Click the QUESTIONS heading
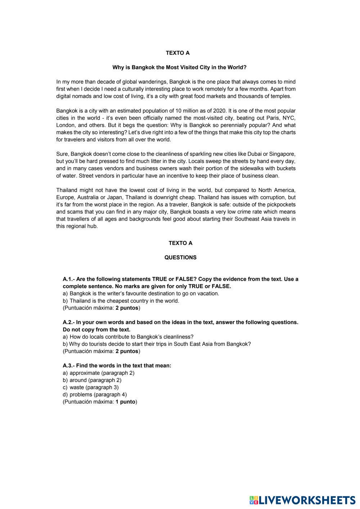tap(180, 258)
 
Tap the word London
tap(66, 125)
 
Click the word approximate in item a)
tap(84, 373)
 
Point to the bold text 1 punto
tap(126, 402)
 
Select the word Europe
tap(65, 197)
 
